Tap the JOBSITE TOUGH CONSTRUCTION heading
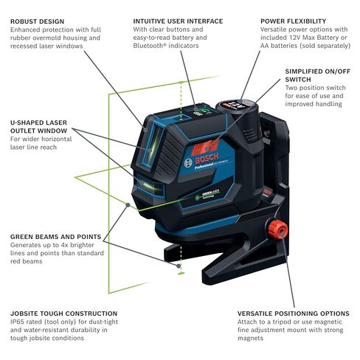coord(63,313)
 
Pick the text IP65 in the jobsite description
coord(19,323)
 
